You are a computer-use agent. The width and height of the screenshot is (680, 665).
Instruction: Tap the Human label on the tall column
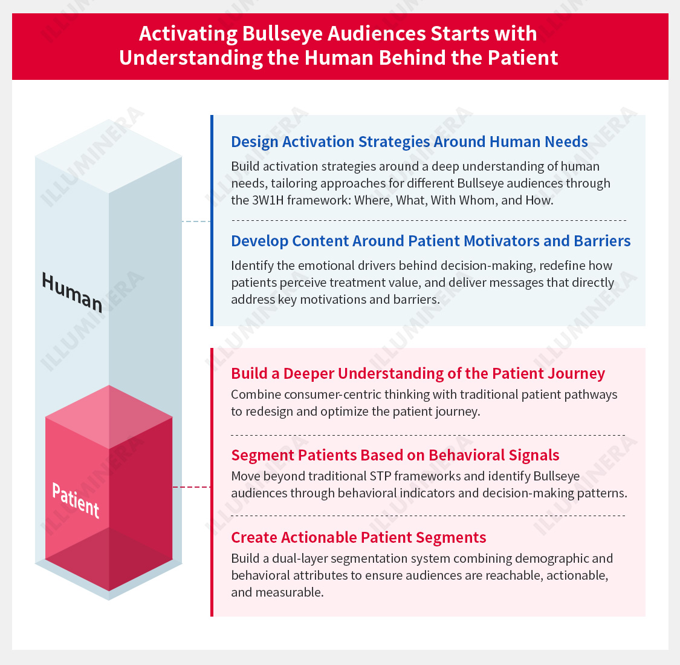click(x=72, y=293)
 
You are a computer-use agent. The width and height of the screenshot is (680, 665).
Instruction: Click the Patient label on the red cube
click(x=76, y=500)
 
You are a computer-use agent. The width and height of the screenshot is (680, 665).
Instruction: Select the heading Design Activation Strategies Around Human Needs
click(x=409, y=142)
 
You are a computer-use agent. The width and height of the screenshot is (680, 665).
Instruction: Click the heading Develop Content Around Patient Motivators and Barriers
click(x=430, y=241)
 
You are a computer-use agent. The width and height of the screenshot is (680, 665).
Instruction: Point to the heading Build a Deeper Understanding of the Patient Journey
click(x=418, y=374)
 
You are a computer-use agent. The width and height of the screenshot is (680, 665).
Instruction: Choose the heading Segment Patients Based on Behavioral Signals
click(x=395, y=455)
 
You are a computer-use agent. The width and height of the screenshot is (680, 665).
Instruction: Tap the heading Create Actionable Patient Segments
click(x=358, y=537)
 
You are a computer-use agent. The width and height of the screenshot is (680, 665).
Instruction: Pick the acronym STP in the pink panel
click(x=380, y=477)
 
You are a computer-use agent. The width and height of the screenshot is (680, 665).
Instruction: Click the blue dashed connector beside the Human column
click(x=196, y=221)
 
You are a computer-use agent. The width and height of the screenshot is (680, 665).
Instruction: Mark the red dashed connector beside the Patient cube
click(x=191, y=487)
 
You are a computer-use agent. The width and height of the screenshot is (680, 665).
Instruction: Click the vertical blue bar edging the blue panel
click(x=212, y=220)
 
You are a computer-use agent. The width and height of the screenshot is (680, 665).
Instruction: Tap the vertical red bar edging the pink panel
click(x=212, y=482)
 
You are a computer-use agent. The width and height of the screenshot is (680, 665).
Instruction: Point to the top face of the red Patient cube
click(x=109, y=417)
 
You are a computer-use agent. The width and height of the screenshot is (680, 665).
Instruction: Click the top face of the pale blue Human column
click(x=108, y=156)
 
